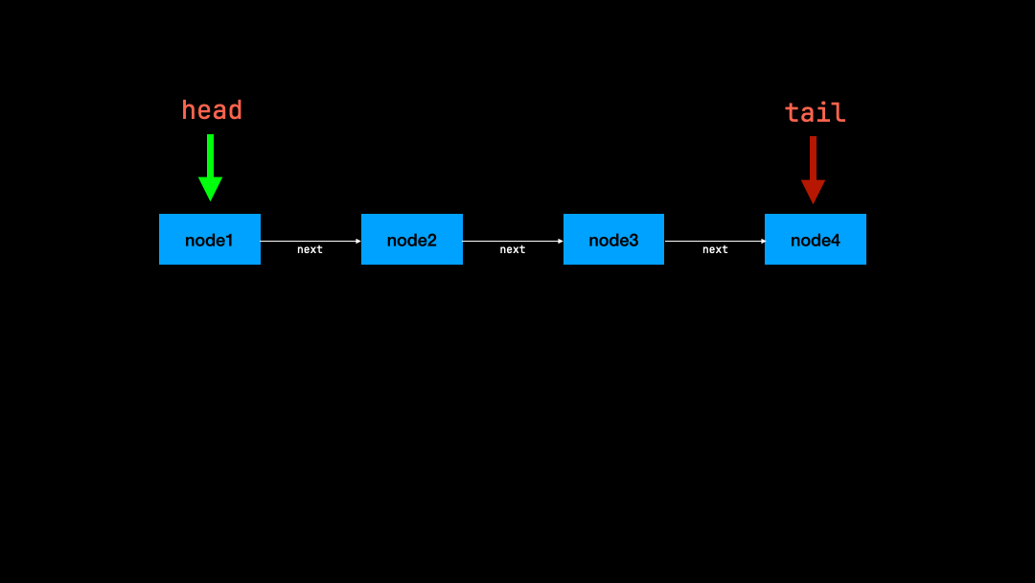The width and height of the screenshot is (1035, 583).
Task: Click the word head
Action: pyautogui.click(x=212, y=110)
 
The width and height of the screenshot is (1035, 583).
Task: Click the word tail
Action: pyautogui.click(x=815, y=113)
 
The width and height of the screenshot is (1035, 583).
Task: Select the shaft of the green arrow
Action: pyautogui.click(x=210, y=155)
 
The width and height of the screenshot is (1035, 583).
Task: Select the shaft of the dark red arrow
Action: pyautogui.click(x=813, y=158)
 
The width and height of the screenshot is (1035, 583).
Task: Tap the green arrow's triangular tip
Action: pyautogui.click(x=210, y=189)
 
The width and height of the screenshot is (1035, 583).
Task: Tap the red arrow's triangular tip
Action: pyautogui.click(x=813, y=192)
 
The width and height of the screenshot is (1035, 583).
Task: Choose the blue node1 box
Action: pyautogui.click(x=209, y=239)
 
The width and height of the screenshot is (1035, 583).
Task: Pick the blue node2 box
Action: pyautogui.click(x=411, y=239)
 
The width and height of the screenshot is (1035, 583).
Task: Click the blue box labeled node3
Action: pyautogui.click(x=613, y=239)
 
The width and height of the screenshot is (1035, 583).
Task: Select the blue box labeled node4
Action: pyautogui.click(x=815, y=239)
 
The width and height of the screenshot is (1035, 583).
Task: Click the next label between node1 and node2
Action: pyautogui.click(x=310, y=249)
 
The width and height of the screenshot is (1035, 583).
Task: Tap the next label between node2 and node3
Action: pyautogui.click(x=513, y=249)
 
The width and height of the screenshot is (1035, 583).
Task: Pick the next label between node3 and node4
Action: pyautogui.click(x=715, y=249)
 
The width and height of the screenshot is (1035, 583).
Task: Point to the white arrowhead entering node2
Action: pyautogui.click(x=358, y=241)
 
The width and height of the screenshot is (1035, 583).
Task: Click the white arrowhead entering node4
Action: pyautogui.click(x=762, y=241)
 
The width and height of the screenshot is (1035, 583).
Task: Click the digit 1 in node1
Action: pyautogui.click(x=229, y=240)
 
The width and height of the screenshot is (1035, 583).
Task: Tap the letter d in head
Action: pyautogui.click(x=235, y=110)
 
